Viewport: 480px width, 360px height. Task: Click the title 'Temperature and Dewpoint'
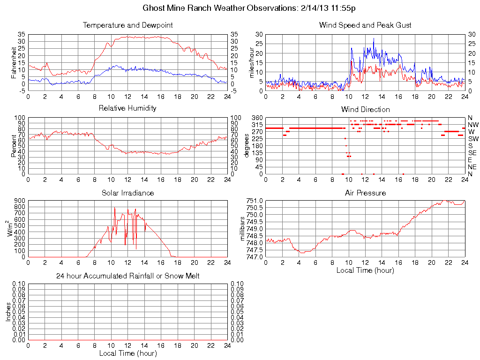coord(127,25)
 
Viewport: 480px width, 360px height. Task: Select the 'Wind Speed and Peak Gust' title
coord(365,25)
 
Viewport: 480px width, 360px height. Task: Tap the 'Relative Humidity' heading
coord(127,108)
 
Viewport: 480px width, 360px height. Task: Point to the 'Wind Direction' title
coord(365,109)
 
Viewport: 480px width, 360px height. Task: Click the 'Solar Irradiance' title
coord(127,193)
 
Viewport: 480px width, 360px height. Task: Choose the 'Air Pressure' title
coord(365,193)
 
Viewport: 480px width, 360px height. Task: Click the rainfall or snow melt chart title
coord(127,276)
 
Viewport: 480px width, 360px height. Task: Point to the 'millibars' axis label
coord(243,229)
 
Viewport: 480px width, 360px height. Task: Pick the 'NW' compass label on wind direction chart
coord(473,125)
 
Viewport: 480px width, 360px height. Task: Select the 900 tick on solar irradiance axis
coord(19,201)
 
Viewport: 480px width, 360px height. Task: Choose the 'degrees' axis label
coord(247,145)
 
